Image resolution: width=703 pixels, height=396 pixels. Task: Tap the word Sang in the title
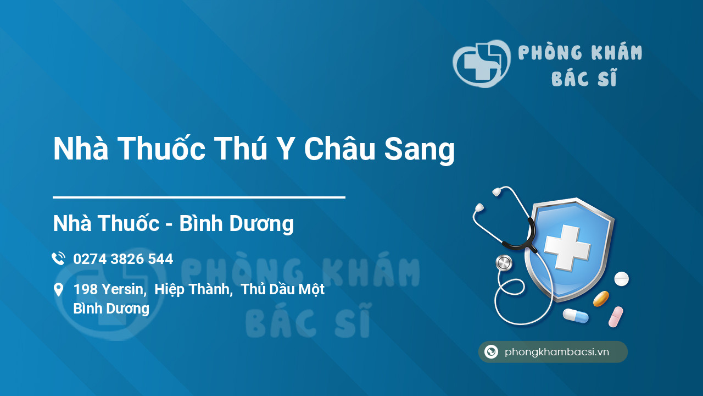pos(420,150)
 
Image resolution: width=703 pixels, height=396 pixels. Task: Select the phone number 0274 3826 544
pos(123,259)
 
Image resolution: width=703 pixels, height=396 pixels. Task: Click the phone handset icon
pos(59,258)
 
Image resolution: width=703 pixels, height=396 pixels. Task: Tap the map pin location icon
pos(58,290)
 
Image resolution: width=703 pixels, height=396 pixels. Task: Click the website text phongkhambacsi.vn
pos(557,352)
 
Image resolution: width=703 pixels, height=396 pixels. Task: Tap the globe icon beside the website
pos(491,351)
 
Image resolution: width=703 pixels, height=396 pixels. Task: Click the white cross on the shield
pos(567,248)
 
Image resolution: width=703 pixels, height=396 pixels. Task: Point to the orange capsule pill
pos(601,299)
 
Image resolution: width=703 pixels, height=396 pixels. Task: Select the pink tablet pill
pos(616,317)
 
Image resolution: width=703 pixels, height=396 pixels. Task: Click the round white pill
pos(621,279)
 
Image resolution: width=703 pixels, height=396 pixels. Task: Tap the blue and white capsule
pos(576,316)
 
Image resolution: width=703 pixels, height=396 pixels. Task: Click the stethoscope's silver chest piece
pos(504,263)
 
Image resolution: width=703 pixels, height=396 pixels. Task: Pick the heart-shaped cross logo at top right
pos(482,63)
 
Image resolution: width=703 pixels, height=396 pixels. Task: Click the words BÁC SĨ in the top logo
pos(584,78)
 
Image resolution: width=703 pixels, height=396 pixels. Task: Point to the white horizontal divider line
pos(199,197)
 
